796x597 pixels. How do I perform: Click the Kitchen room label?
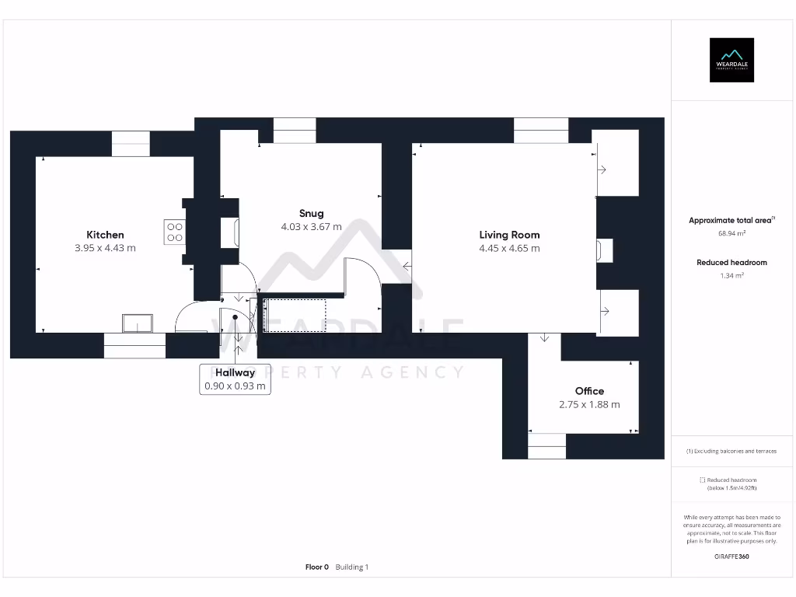point(105,235)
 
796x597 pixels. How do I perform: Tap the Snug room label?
point(311,214)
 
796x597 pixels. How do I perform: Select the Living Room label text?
point(509,235)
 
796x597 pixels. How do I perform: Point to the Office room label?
point(589,391)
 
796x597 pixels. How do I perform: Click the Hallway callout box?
point(235,379)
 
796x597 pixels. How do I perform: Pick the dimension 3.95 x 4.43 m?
point(105,249)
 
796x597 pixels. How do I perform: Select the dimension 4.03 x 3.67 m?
point(311,228)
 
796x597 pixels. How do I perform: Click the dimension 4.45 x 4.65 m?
point(509,249)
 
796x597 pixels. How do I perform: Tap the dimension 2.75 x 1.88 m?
point(589,405)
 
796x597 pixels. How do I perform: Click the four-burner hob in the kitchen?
point(174,232)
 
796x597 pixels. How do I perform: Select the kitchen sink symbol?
point(138,323)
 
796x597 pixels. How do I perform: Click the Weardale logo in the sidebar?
point(731,60)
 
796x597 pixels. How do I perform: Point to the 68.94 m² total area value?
point(731,233)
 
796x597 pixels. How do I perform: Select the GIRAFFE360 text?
point(731,557)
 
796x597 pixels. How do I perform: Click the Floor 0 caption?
point(317,567)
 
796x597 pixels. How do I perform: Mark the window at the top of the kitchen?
point(130,144)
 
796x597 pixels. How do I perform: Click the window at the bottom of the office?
point(547,446)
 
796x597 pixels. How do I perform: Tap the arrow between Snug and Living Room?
point(407,267)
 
